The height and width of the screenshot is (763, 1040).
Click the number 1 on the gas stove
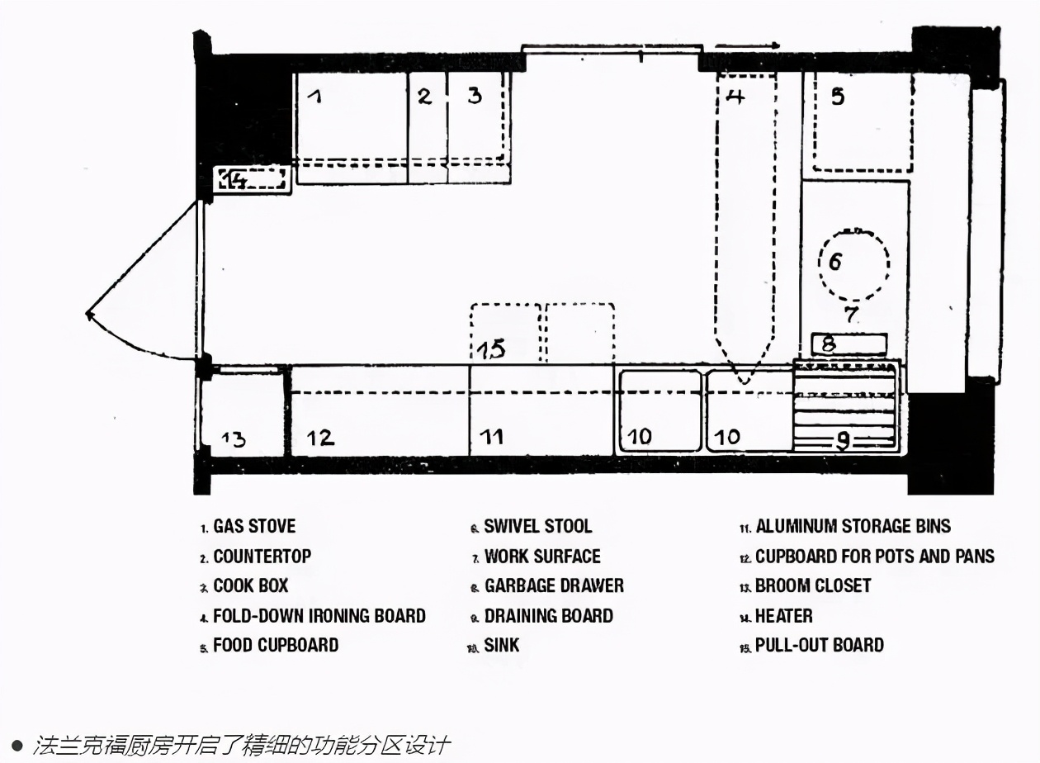(314, 96)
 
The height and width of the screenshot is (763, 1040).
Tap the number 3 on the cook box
(475, 95)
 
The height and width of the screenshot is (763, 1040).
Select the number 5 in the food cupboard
(838, 97)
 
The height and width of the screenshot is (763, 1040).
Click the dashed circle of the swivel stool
(853, 264)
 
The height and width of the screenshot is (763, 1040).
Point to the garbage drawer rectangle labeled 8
(849, 344)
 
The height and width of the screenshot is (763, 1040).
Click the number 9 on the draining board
(843, 441)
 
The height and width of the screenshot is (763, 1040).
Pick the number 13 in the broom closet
(234, 438)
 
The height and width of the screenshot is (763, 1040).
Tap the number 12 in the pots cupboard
(320, 437)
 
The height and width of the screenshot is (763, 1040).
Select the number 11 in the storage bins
(492, 436)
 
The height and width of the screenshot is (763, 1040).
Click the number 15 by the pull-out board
(492, 348)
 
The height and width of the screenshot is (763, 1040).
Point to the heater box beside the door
(252, 179)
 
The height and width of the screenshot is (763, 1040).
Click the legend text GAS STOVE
(254, 526)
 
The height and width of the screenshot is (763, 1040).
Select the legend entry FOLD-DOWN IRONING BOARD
(319, 615)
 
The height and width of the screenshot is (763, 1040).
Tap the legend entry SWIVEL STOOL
(537, 526)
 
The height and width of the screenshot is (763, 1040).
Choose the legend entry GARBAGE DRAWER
(554, 585)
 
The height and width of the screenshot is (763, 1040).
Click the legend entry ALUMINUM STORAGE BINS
(853, 526)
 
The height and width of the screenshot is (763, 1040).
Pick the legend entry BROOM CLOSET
(813, 585)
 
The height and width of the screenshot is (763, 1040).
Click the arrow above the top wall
(747, 45)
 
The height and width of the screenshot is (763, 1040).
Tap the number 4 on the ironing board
(735, 97)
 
